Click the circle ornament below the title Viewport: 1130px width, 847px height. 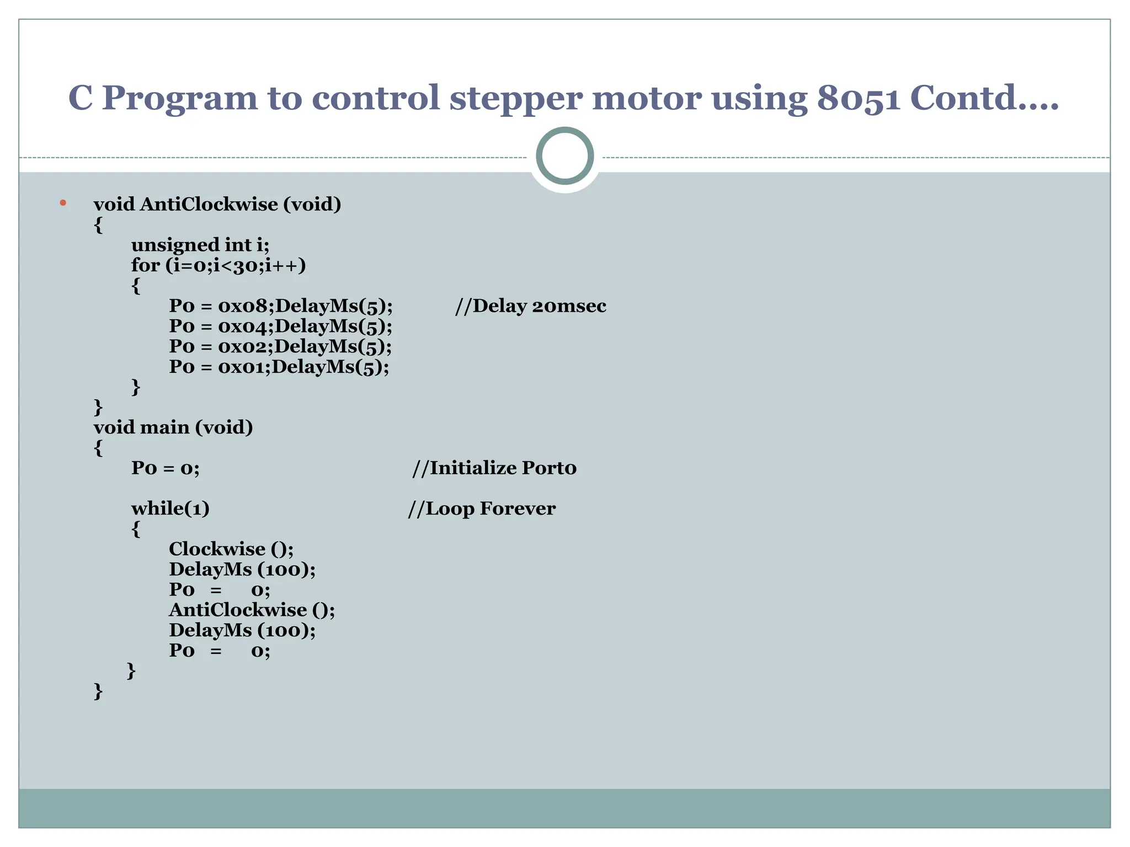[x=564, y=156]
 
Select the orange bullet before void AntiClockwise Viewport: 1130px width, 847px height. [x=63, y=203]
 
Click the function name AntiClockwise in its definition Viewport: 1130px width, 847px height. [x=209, y=205]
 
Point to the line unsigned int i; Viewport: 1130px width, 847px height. [x=200, y=245]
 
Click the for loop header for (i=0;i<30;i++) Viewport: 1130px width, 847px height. [x=218, y=265]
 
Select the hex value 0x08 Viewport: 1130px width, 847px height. [x=243, y=306]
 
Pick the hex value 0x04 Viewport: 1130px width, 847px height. [x=243, y=326]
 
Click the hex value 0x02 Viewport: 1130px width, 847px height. [x=243, y=346]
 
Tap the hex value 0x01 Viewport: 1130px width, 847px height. [x=242, y=367]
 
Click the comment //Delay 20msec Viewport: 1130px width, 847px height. [x=530, y=306]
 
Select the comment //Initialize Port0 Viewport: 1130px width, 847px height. [x=494, y=468]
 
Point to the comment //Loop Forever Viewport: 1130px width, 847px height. [x=481, y=508]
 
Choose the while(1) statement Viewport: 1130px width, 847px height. [x=170, y=508]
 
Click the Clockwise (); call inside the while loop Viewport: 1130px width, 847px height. [x=231, y=549]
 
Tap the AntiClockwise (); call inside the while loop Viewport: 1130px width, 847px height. [x=251, y=610]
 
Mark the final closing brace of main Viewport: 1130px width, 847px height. [x=98, y=691]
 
